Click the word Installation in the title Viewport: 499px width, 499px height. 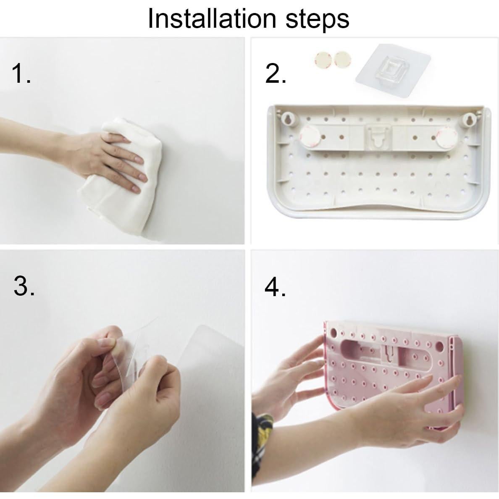click(212, 18)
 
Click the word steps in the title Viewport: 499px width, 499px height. click(317, 20)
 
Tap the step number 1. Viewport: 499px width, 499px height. click(21, 73)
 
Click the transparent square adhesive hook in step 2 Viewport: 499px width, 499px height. click(393, 70)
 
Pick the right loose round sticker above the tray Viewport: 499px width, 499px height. click(341, 59)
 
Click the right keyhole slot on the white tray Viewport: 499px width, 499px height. click(469, 119)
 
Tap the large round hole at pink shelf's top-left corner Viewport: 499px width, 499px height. click(333, 333)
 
